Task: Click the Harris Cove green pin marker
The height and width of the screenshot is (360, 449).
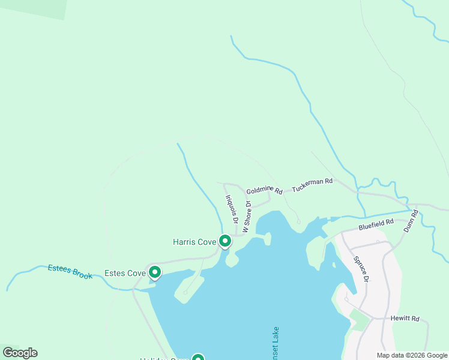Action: pyautogui.click(x=225, y=241)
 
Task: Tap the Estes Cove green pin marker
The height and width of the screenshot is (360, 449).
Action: pyautogui.click(x=154, y=273)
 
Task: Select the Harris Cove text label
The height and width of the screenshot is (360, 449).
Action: pyautogui.click(x=194, y=242)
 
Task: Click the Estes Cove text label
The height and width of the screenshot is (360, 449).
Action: pyautogui.click(x=125, y=274)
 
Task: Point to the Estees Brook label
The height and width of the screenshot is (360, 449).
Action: pyautogui.click(x=70, y=272)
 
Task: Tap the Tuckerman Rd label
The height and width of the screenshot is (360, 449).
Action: pyautogui.click(x=312, y=185)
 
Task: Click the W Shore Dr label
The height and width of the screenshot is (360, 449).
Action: pyautogui.click(x=246, y=217)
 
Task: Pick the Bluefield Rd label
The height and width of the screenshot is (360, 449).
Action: pyautogui.click(x=376, y=224)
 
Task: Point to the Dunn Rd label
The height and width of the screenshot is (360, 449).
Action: pyautogui.click(x=410, y=221)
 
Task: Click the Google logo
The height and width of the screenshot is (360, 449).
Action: pyautogui.click(x=20, y=353)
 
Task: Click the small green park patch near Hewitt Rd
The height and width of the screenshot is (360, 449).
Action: pyautogui.click(x=359, y=319)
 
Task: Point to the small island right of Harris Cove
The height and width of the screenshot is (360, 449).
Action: pyautogui.click(x=267, y=239)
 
